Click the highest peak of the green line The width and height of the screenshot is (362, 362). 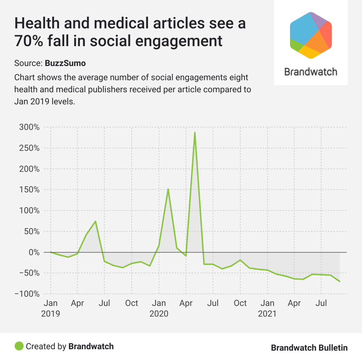195,132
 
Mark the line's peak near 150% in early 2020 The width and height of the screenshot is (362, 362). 168,189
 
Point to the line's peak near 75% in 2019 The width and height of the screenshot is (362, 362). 95,221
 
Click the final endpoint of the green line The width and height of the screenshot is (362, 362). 340,281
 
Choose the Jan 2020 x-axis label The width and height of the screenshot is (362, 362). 159,308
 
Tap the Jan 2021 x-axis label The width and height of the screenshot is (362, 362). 267,308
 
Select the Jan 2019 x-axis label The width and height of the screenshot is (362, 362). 50,308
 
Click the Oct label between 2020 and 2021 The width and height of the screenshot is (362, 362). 240,303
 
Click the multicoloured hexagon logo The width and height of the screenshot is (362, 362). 311,35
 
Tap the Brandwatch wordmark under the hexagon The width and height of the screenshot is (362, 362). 311,72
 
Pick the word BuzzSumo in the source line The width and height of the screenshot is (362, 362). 65,64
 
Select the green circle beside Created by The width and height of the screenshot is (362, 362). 19,346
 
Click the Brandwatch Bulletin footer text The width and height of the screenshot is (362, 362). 309,347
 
